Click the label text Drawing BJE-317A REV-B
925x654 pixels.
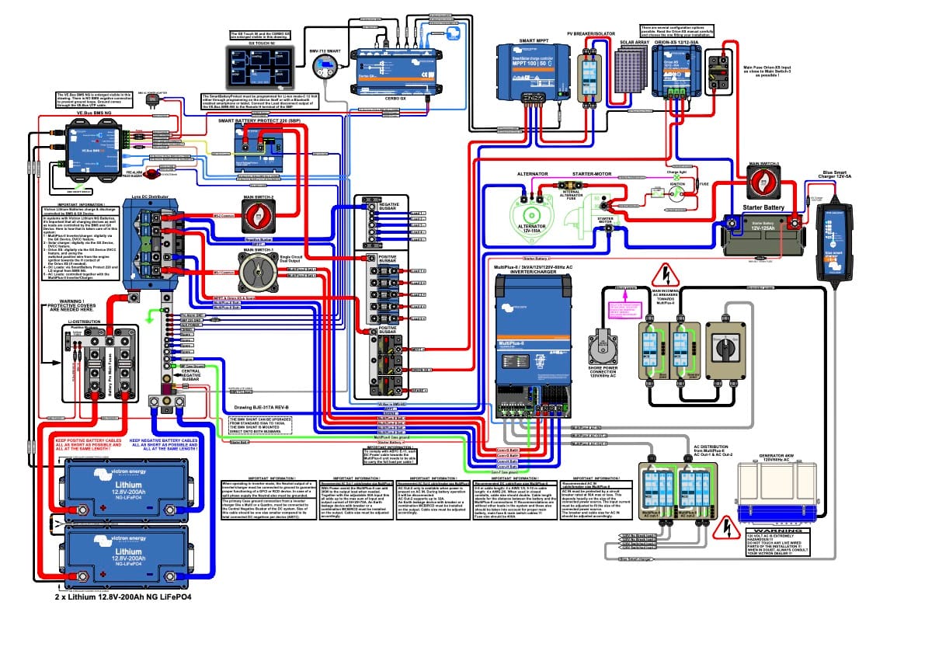pyautogui.click(x=261, y=407)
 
